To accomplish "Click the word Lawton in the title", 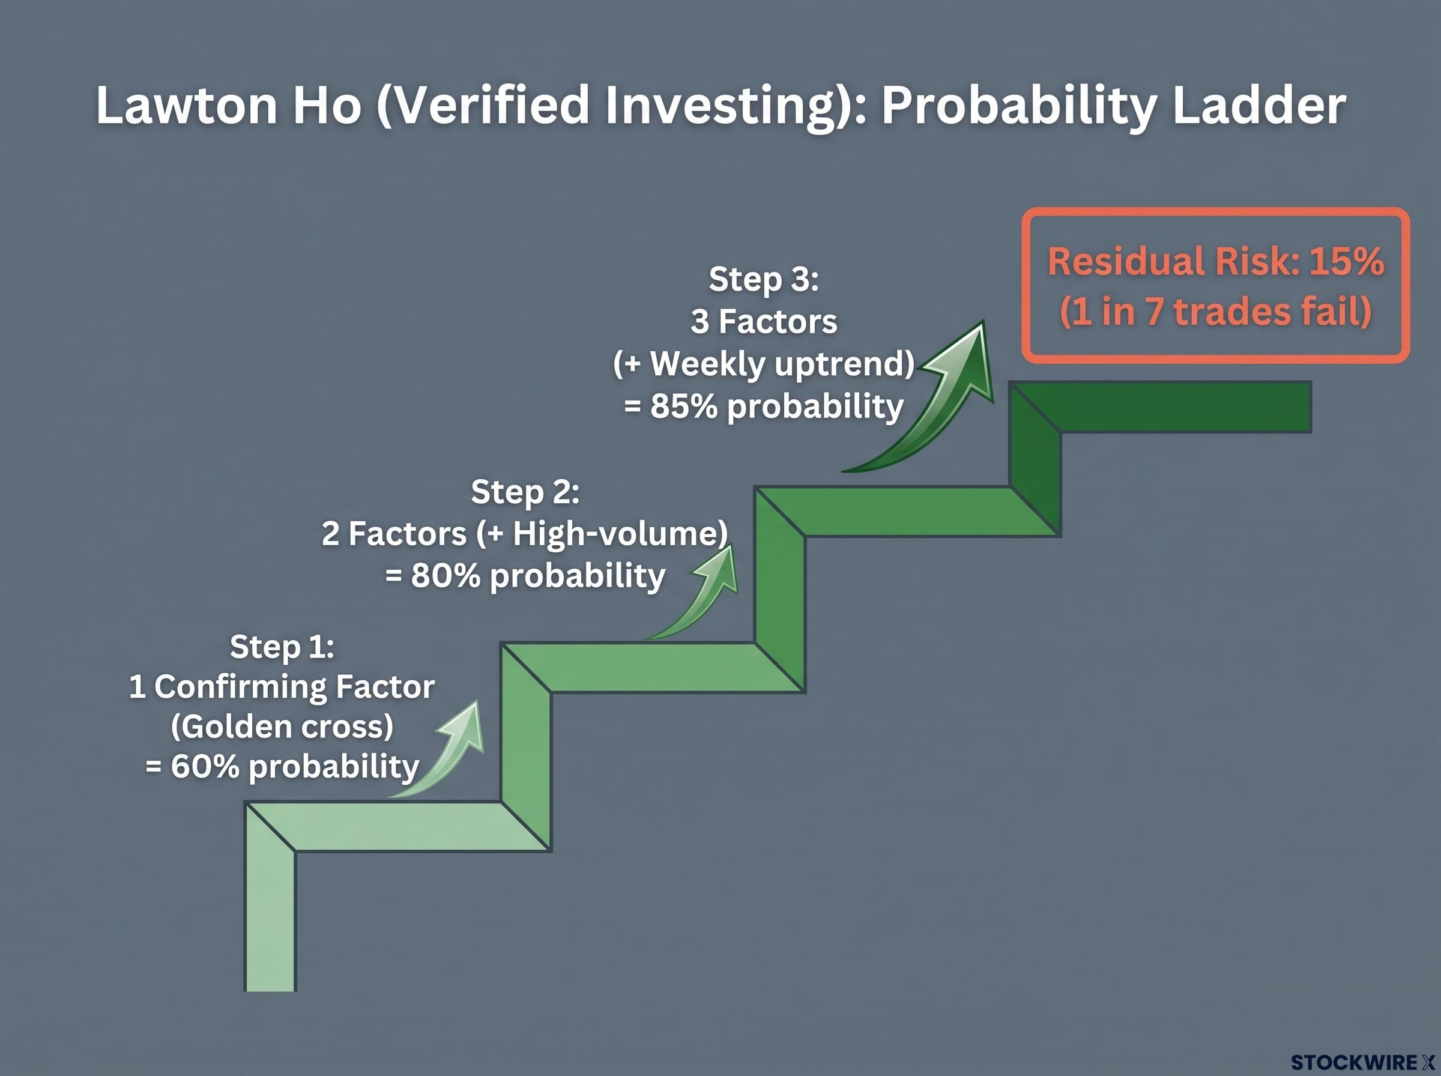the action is click(x=187, y=105).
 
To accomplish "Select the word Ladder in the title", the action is click(x=1258, y=105).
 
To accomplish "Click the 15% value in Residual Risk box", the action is click(x=1347, y=261).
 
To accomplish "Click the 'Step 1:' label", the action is click(x=282, y=646).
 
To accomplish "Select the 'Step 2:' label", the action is click(x=525, y=491).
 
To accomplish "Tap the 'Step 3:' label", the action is click(x=764, y=279).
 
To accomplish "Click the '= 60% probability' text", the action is click(x=282, y=766).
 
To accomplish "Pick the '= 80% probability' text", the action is click(x=525, y=576).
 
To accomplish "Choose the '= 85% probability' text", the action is click(x=764, y=406).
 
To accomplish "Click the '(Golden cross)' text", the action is click(x=282, y=726).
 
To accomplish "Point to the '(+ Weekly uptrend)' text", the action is click(x=764, y=363).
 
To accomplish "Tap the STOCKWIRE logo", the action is click(x=1362, y=1062).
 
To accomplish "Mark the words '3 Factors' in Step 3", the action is click(x=764, y=321).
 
